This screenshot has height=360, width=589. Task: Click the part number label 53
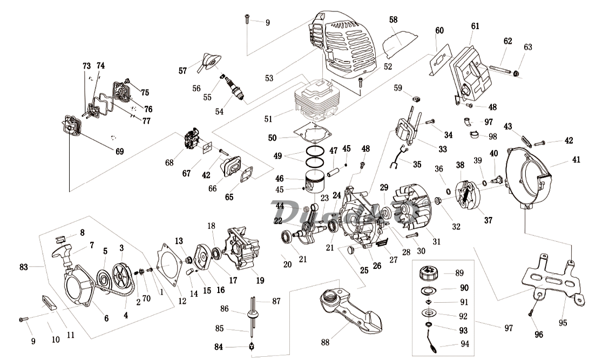point(269,79)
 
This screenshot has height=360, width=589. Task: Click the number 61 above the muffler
point(475,26)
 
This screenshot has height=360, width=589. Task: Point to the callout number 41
point(577,159)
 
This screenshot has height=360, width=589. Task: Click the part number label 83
point(23,267)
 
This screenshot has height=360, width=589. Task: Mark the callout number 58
point(393,19)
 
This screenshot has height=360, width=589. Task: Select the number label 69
point(119,152)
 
